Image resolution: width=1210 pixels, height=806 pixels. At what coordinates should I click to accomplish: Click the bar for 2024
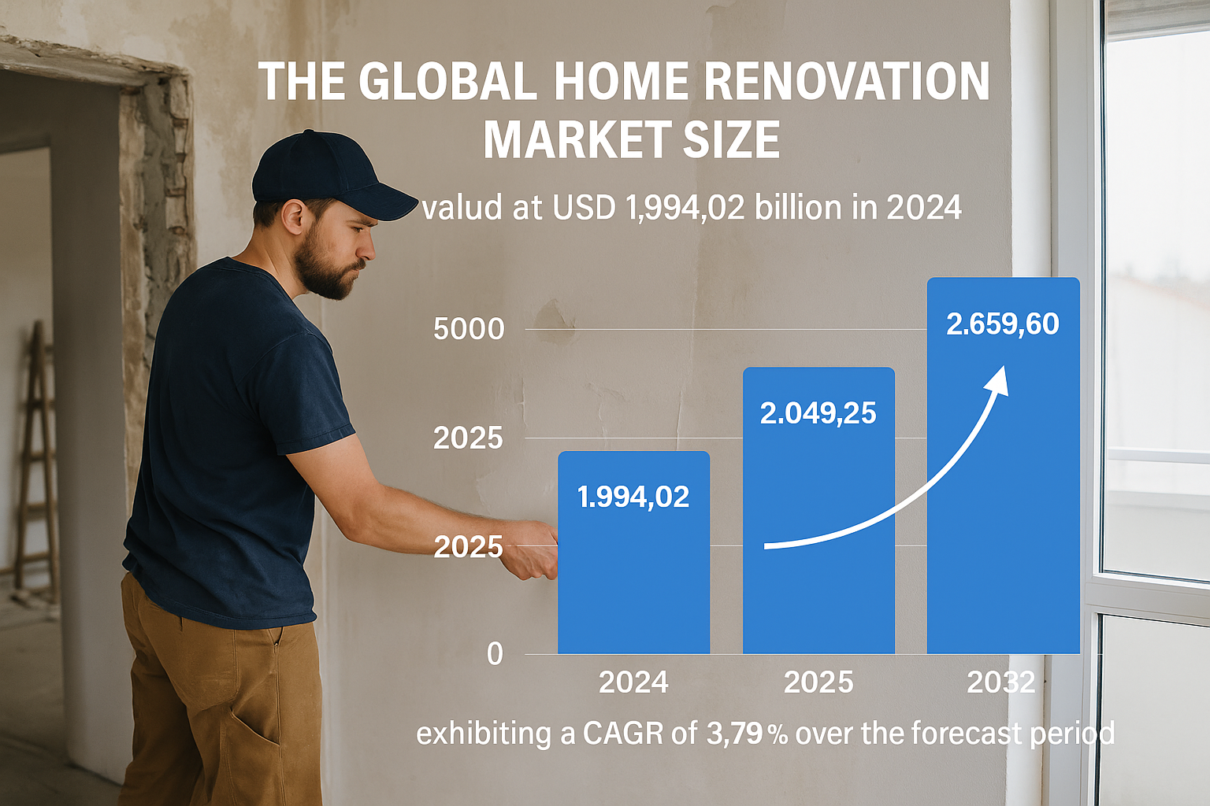point(633,553)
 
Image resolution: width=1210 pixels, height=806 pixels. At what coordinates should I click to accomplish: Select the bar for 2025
point(819,511)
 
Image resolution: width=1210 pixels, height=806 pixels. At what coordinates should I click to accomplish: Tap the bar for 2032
point(1004,466)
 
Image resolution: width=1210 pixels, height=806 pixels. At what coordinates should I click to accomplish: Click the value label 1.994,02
point(633,497)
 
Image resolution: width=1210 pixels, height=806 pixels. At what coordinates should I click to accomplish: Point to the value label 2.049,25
point(818,413)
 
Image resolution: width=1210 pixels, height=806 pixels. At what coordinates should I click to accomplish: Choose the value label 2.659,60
point(1003,324)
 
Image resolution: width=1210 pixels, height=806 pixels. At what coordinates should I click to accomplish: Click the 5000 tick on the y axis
point(469,329)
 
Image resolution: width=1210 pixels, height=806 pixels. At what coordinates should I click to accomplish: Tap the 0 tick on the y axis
point(495,654)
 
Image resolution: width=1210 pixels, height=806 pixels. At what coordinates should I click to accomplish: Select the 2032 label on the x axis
point(1001,682)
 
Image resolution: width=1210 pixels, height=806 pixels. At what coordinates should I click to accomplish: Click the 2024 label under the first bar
point(633,682)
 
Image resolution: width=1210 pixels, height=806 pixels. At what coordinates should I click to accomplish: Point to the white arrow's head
point(997,383)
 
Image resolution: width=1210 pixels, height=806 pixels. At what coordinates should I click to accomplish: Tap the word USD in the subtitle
point(584,207)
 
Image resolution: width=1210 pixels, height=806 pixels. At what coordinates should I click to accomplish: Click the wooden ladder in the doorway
point(37,459)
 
